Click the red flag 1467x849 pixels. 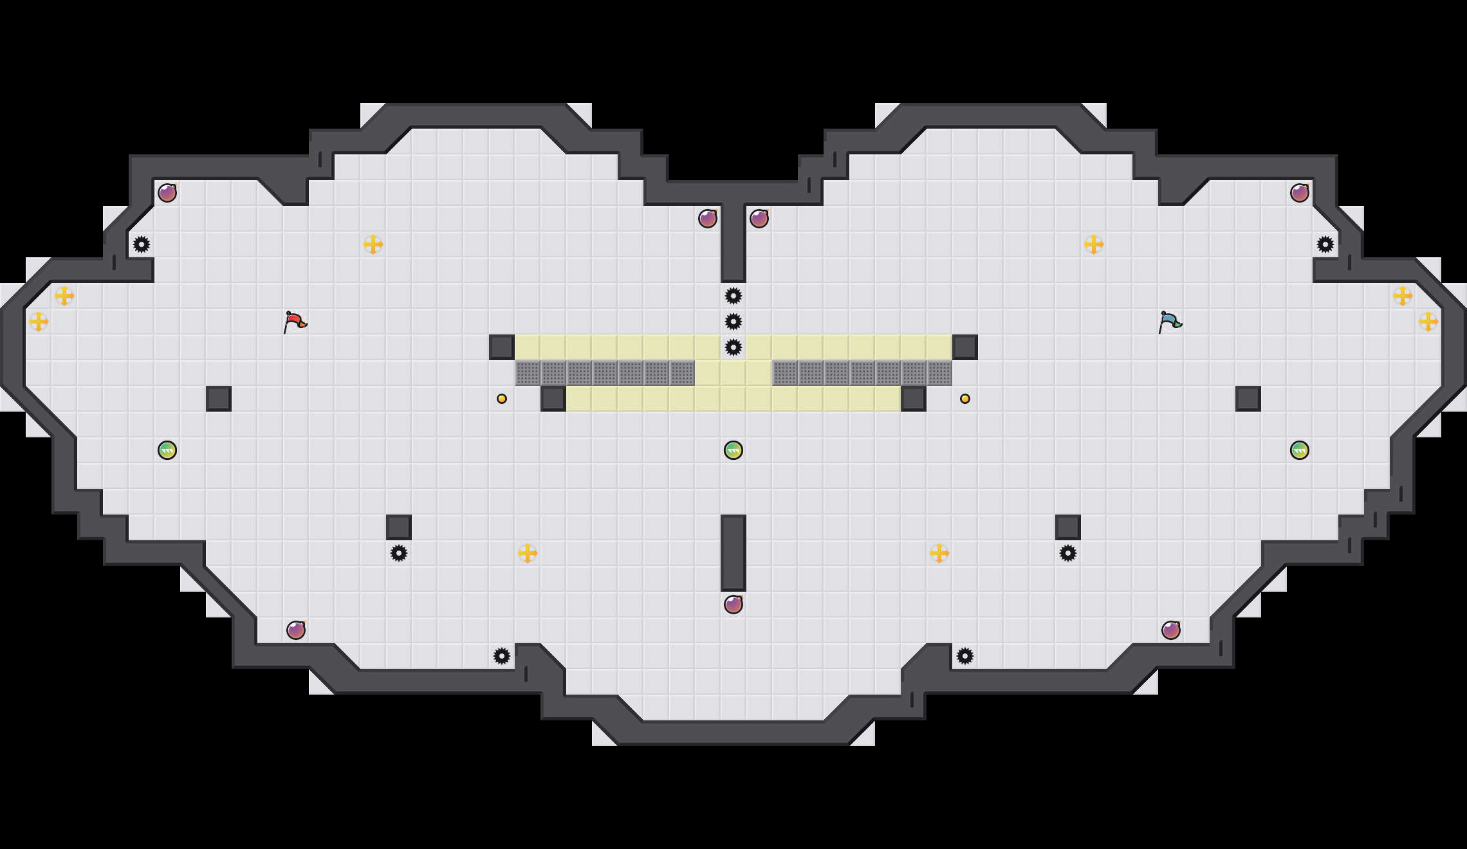tap(295, 321)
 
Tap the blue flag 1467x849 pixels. tap(1170, 321)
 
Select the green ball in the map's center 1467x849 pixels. tap(733, 450)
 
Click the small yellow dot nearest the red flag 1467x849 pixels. tap(502, 399)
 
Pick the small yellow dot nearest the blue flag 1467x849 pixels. tap(965, 399)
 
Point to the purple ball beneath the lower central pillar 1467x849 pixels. tap(733, 605)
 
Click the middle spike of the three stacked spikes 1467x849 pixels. tap(733, 322)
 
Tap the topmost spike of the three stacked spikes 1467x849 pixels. tap(733, 296)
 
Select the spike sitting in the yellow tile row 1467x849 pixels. tap(733, 347)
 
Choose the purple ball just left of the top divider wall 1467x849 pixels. tap(708, 219)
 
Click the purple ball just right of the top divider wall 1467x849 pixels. tap(759, 219)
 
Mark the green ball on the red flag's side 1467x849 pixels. tap(167, 450)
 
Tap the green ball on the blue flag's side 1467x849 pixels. tap(1300, 450)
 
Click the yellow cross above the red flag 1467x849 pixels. tap(373, 244)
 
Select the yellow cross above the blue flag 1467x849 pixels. tap(1094, 244)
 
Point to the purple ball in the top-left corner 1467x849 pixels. tap(167, 193)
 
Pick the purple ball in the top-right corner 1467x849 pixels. tap(1300, 193)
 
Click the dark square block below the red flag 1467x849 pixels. tap(219, 399)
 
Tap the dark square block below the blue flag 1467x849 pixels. tap(1248, 399)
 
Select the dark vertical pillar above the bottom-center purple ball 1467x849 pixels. tap(733, 553)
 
